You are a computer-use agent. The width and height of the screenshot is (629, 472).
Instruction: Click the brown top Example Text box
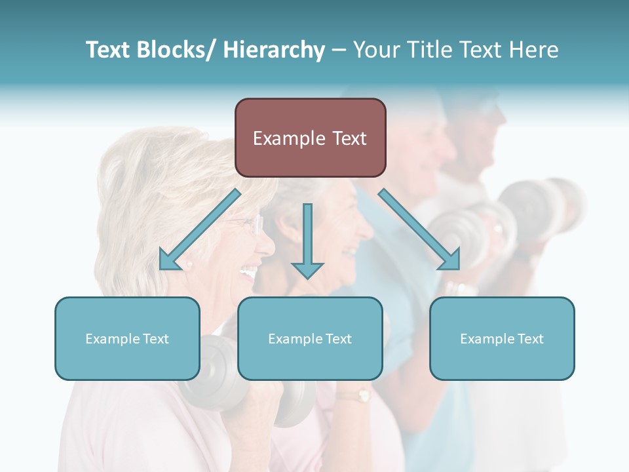point(310,138)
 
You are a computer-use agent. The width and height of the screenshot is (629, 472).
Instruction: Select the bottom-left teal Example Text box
point(127,338)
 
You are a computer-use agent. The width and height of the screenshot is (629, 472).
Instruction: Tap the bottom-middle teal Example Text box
point(310,338)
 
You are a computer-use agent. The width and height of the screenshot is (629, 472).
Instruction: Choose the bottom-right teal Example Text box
point(502,338)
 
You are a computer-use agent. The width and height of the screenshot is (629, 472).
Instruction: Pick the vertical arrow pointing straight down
point(307,240)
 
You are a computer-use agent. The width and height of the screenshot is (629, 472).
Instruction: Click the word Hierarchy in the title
point(274,50)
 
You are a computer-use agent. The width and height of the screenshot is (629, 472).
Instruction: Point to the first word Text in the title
point(107,50)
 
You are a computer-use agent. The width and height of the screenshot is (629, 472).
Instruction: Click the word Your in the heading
point(375,50)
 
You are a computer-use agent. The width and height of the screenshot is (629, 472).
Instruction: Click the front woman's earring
point(190,263)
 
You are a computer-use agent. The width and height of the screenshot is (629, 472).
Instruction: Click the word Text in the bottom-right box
point(530,338)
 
